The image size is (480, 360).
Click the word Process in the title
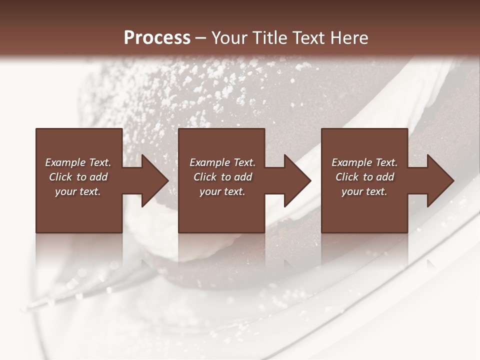coord(157,38)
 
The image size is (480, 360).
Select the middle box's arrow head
coord(297,180)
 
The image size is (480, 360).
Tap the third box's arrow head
coord(440,180)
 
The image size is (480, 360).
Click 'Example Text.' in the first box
coord(78,162)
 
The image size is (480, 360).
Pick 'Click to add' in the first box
coord(78,177)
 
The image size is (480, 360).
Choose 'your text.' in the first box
coord(78,191)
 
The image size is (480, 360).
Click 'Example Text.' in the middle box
coord(222,162)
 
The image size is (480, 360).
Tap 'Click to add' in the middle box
coord(222,177)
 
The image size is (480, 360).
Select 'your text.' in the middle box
coord(222,191)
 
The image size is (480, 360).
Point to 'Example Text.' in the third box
coord(364,162)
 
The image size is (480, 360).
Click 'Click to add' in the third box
coord(364,177)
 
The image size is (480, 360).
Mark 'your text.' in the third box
coord(364,191)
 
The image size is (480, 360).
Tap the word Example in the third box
coord(352,162)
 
